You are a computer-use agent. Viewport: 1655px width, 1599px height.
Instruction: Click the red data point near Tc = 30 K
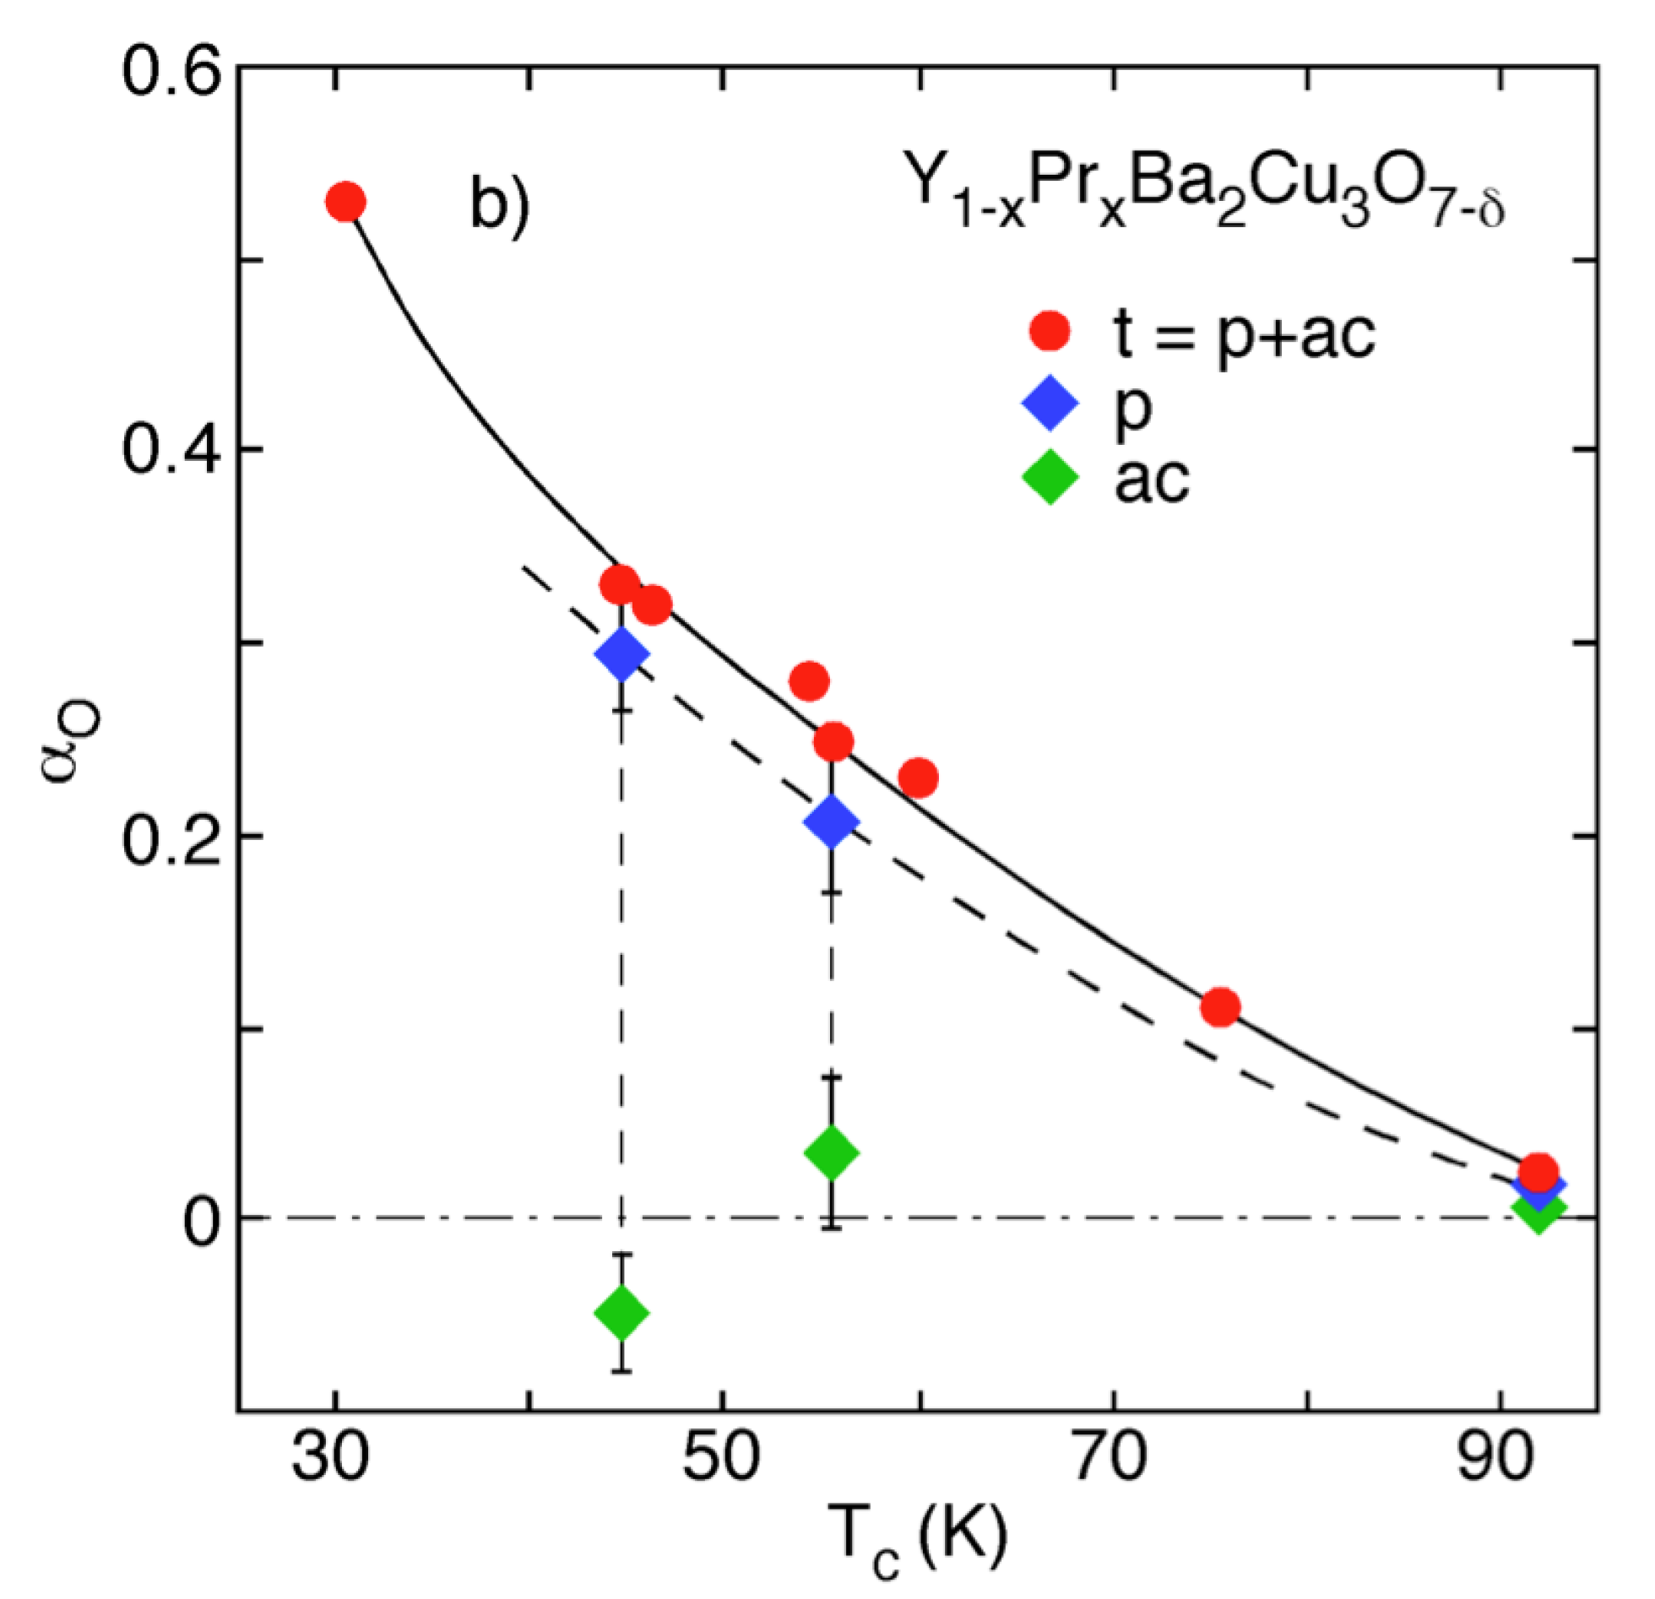[345, 202]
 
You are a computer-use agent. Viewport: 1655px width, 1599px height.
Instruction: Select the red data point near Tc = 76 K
[1220, 1007]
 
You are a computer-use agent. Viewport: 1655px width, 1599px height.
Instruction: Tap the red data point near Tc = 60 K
[918, 777]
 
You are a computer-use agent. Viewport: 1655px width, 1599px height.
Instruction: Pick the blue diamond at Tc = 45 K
[621, 653]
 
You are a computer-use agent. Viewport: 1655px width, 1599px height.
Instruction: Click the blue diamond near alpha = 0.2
[832, 821]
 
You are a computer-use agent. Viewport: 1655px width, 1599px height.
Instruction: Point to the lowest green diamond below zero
[621, 1313]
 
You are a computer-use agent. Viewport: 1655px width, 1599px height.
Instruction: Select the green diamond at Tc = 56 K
[832, 1152]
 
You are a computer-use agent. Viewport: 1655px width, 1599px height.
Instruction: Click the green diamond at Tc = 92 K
[1538, 1210]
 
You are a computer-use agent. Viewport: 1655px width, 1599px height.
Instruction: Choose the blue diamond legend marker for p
[1050, 404]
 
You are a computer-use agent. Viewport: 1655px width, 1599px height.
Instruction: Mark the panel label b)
[500, 205]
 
